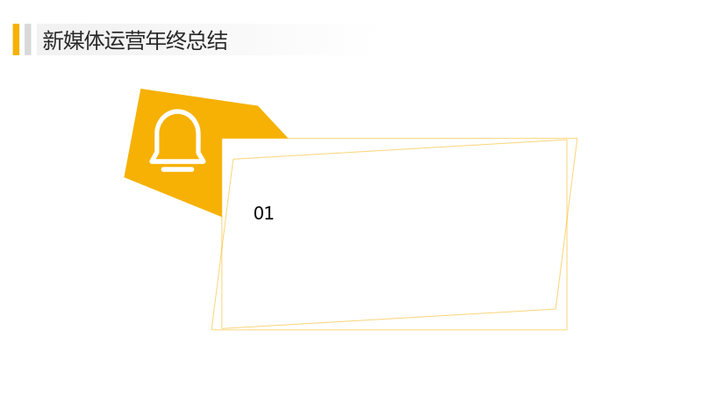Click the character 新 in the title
53,40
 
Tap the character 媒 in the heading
74,40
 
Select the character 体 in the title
94,40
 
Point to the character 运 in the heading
115,40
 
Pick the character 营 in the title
135,40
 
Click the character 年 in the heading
156,40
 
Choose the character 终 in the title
176,40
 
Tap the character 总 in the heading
197,40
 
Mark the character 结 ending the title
218,40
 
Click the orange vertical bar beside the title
16,39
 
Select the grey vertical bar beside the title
28,39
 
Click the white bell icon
178,140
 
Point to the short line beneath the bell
178,169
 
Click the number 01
263,213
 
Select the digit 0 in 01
258,213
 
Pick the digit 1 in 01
269,213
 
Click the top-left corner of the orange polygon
141,90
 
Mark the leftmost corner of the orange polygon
125,177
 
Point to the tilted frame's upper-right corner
577,139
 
